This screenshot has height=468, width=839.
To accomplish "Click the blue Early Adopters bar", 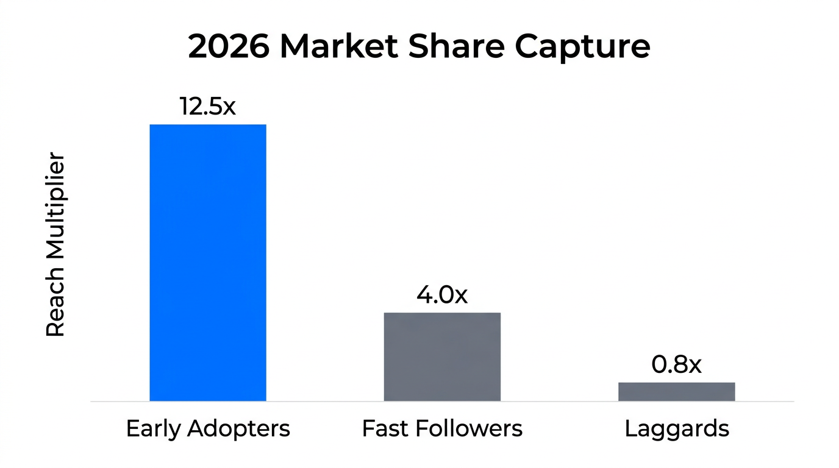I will (208, 263).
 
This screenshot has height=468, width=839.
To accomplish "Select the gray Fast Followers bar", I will (442, 356).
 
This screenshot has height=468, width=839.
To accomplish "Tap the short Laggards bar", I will (676, 391).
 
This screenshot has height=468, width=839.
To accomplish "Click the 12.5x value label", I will (207, 106).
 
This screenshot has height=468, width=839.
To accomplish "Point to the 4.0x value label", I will (442, 295).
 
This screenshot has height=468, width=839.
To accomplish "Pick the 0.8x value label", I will (676, 364).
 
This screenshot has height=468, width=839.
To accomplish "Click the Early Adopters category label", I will (208, 429).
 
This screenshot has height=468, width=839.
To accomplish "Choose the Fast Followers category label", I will (442, 429).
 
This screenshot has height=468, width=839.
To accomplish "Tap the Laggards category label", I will (677, 429).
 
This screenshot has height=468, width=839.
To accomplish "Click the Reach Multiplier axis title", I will (55, 245).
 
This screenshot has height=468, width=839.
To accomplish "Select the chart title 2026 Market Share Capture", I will (419, 47).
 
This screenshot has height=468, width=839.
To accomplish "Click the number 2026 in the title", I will (228, 47).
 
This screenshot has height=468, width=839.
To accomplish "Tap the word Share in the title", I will (457, 47).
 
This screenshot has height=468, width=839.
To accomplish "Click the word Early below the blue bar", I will (153, 429).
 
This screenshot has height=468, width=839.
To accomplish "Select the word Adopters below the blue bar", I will (238, 429).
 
